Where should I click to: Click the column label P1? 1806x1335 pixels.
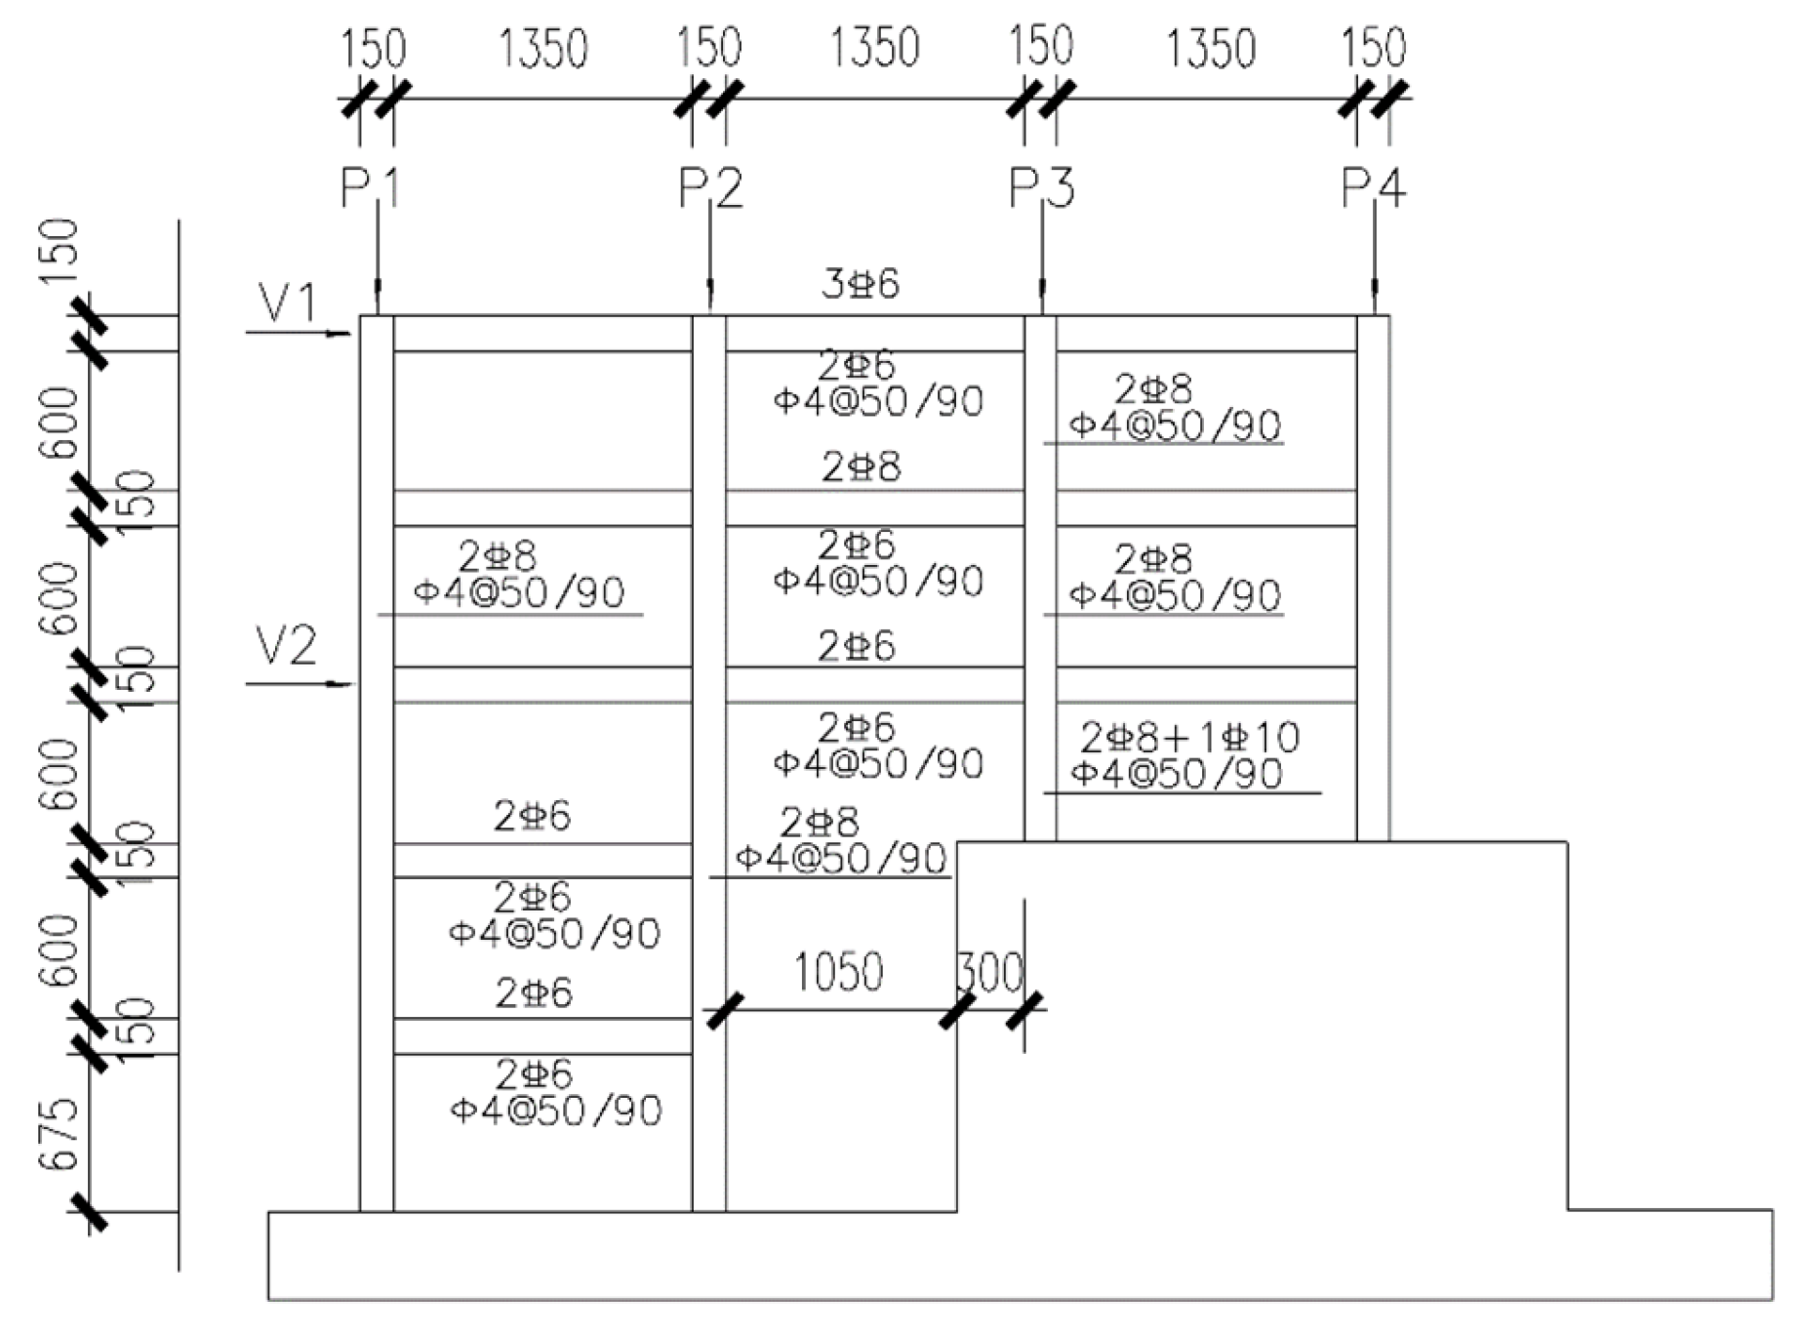(x=370, y=188)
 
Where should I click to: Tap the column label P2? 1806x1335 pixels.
(x=710, y=188)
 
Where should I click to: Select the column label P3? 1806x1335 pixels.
(x=1041, y=188)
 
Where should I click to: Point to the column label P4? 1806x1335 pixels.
(x=1373, y=188)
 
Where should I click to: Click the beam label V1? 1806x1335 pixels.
(x=287, y=303)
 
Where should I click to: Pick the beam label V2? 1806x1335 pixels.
(x=286, y=647)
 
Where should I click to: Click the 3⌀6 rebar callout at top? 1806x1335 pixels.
(x=860, y=284)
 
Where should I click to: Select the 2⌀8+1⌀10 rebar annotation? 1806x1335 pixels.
(x=1189, y=738)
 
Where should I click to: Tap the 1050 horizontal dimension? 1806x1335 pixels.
(x=837, y=972)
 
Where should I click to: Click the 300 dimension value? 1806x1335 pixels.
(x=989, y=973)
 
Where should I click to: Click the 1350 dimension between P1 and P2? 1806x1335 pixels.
(x=543, y=49)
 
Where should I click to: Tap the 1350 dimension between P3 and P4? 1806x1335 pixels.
(x=1210, y=49)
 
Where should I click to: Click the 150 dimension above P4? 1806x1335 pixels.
(x=1373, y=48)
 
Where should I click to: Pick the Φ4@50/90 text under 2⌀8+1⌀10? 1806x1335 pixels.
(x=1176, y=774)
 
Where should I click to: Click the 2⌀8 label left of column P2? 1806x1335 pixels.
(x=497, y=557)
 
